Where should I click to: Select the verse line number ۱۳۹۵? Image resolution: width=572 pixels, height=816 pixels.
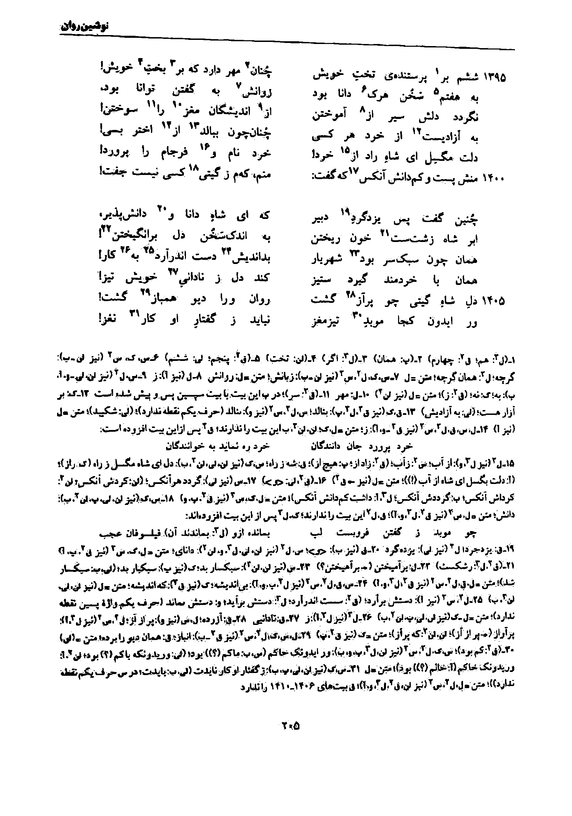495,77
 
